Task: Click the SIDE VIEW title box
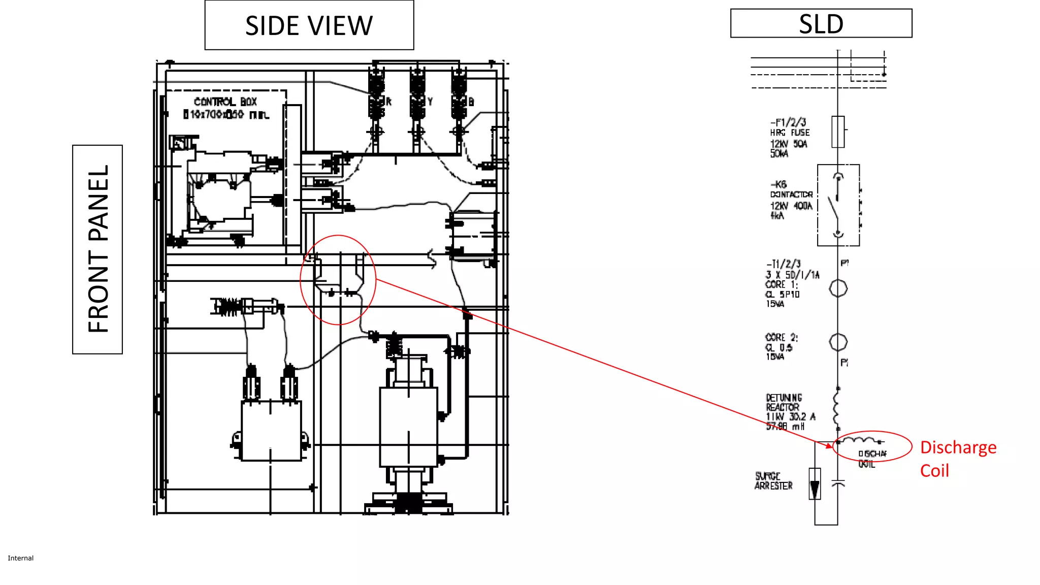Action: point(309,25)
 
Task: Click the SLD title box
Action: point(821,23)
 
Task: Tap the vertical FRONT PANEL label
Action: point(97,249)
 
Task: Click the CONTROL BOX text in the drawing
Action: point(225,102)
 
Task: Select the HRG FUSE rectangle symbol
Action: point(838,132)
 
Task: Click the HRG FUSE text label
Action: point(790,133)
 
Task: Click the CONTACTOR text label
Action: point(791,194)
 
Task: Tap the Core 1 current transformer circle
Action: point(838,288)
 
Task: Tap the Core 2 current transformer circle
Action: point(838,342)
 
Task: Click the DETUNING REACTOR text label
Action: point(784,403)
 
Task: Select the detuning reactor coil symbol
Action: point(836,407)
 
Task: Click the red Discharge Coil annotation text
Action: point(958,459)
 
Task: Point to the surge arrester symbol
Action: point(815,483)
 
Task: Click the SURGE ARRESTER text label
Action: point(773,481)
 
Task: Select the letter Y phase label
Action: point(430,102)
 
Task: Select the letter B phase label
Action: point(471,102)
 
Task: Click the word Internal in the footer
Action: point(20,558)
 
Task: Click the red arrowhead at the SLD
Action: point(829,446)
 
